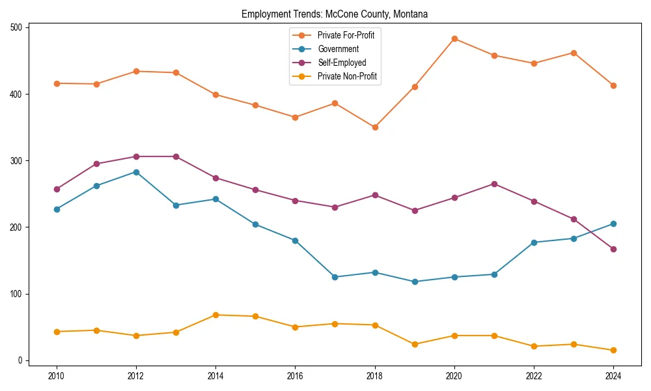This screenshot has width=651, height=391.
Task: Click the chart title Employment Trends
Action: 335,14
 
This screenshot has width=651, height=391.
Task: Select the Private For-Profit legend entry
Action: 345,35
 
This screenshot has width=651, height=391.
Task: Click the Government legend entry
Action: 338,49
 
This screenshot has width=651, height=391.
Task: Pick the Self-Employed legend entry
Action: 342,63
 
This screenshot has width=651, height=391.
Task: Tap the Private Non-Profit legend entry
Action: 347,76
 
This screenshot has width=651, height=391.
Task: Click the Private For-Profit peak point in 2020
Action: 454,38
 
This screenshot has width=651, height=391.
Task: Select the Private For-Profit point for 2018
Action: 375,127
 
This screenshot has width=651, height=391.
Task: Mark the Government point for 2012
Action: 136,172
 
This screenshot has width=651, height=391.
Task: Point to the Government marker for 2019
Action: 415,282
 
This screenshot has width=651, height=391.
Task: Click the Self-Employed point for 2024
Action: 613,249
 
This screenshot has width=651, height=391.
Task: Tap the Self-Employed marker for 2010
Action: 57,189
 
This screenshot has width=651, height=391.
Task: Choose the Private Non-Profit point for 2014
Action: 215,315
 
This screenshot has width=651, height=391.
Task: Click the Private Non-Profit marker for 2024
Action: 613,350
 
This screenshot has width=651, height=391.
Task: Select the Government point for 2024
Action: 613,224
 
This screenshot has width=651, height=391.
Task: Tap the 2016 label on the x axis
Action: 296,375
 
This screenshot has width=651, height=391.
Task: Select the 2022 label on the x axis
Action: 534,375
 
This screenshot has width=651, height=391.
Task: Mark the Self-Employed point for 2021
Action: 494,184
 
